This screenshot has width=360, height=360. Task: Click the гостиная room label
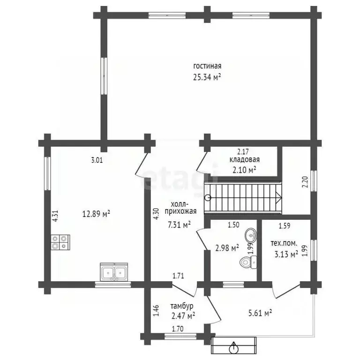point(207,66)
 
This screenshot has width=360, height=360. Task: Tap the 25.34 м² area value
point(207,77)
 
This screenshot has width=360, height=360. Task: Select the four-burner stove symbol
point(60,242)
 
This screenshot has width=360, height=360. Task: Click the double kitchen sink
point(114,272)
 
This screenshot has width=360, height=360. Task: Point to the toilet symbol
point(248,262)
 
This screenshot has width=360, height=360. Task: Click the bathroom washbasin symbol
point(251,235)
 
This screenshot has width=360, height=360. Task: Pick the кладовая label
point(245,159)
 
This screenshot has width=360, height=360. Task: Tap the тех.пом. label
point(284,243)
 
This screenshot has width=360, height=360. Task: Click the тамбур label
point(182,306)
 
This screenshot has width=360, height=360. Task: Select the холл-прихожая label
point(180,208)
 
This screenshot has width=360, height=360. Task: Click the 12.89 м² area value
point(96,214)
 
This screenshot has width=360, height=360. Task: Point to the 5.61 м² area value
point(260,313)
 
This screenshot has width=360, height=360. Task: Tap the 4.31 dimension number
point(55,216)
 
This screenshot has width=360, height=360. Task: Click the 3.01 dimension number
point(97,160)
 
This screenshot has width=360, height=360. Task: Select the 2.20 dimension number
point(305,182)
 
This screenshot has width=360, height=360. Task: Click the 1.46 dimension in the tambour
point(156,311)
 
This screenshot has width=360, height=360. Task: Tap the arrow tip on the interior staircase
point(281,197)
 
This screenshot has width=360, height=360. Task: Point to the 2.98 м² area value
point(227,247)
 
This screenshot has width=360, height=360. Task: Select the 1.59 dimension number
point(285,226)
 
